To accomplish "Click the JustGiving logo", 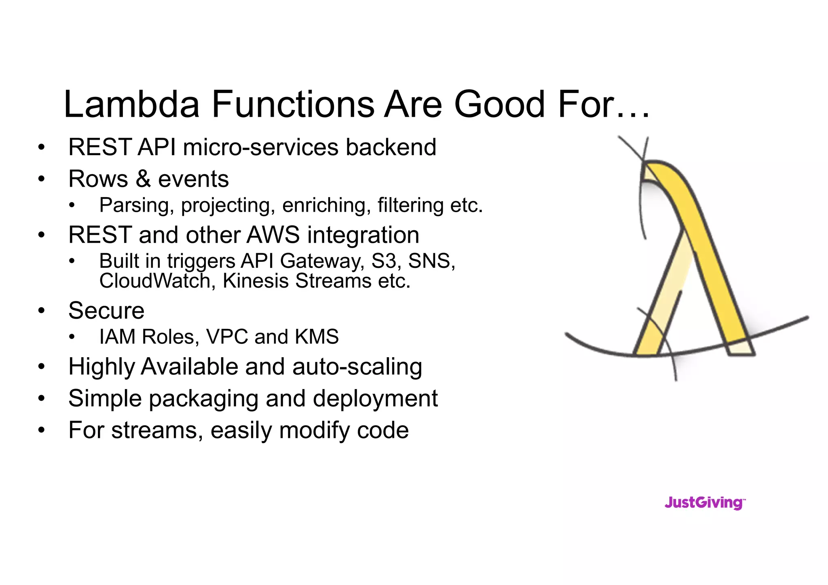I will tap(705, 503).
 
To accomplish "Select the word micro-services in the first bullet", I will tap(260, 147).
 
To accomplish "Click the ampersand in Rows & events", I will tap(143, 179).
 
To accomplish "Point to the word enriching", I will tap(326, 205).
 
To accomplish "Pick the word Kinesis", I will tap(256, 281).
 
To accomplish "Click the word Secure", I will tap(106, 311).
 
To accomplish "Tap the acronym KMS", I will tap(317, 337).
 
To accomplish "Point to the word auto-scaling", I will tap(357, 367).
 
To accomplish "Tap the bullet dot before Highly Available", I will tap(41, 367).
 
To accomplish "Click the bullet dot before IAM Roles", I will tap(72, 337).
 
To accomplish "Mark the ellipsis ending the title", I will tap(633, 115).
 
